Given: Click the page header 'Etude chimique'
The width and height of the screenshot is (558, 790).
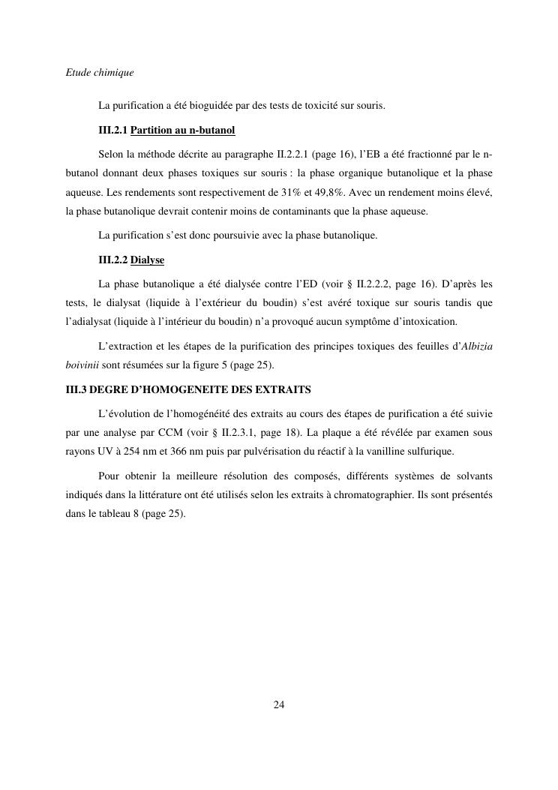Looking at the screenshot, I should (100, 74).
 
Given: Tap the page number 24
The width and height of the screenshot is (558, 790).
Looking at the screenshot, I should (279, 704).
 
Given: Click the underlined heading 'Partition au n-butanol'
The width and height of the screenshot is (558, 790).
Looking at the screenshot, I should (183, 131).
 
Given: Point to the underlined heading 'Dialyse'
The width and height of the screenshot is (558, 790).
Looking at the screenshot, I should (147, 260).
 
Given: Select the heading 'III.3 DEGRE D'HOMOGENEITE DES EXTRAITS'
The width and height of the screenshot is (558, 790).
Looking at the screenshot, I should (188, 390).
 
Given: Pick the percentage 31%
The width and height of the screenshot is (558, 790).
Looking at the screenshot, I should (295, 194).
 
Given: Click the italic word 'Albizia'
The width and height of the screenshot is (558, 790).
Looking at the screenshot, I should (476, 347).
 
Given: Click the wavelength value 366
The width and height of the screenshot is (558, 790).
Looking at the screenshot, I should (175, 452).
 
